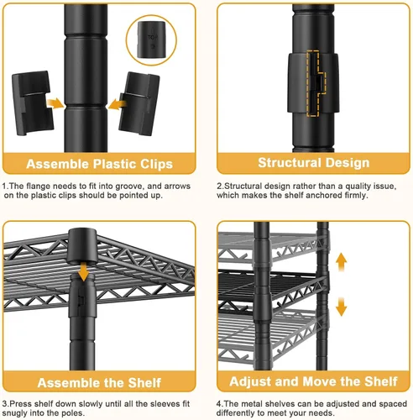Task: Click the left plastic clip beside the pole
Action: (x=32, y=102)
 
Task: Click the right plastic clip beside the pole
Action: (x=139, y=104)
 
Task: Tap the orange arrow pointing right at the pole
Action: (x=55, y=103)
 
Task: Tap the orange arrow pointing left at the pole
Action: (x=118, y=104)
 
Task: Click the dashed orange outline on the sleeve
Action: (x=316, y=83)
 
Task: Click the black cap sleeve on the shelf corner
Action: (x=82, y=246)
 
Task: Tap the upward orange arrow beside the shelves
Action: (x=341, y=262)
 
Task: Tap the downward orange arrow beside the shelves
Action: (x=341, y=307)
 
